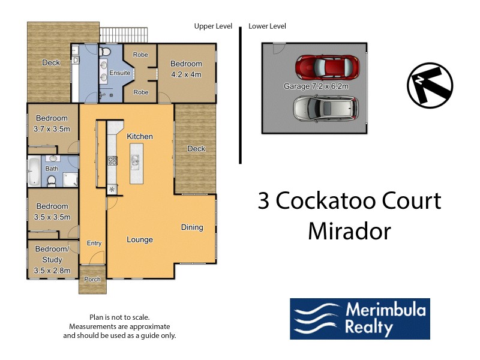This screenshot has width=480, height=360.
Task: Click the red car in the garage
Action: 328,67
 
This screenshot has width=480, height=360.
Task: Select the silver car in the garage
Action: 325,107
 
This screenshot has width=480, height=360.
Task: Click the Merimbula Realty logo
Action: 360,319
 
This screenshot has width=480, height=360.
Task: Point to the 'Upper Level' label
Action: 213,26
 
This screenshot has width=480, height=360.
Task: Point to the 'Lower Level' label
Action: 267,26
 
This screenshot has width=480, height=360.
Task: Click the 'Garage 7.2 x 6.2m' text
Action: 316,86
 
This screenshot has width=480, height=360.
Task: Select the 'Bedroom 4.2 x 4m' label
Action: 186,69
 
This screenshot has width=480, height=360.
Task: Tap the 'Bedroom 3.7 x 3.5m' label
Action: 52,123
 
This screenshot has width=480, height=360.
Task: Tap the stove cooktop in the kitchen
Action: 112,160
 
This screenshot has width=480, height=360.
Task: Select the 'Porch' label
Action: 92,280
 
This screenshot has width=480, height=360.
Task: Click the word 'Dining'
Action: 192,227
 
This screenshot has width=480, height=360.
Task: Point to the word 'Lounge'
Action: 139,240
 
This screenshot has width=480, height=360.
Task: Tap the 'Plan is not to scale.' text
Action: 119,317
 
